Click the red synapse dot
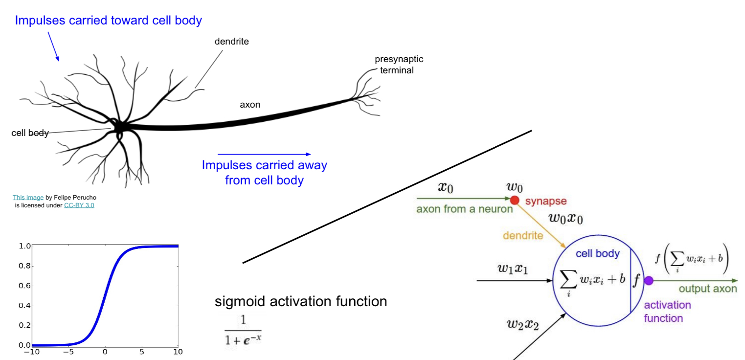tap(514, 200)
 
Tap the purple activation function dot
tap(649, 281)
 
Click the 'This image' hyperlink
tap(28, 198)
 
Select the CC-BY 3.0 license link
tap(79, 205)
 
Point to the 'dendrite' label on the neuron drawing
tap(231, 42)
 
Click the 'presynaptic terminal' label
tap(399, 65)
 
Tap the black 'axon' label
tap(250, 104)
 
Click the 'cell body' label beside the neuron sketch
tap(30, 133)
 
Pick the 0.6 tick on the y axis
tap(24, 285)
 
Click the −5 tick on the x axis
tap(68, 352)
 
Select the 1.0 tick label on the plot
tap(24, 246)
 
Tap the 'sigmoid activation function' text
tap(301, 301)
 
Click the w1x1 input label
tap(512, 269)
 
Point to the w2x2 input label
tap(522, 324)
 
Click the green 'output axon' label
tap(707, 289)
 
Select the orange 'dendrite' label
tap(523, 236)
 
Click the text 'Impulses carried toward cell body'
tap(108, 21)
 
